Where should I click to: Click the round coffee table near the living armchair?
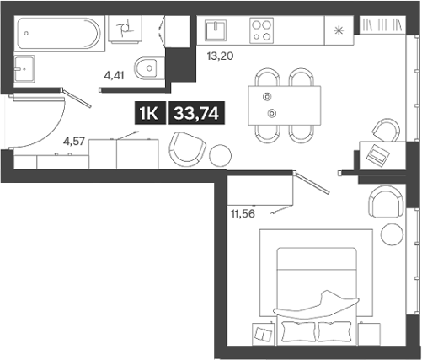tap(219, 155)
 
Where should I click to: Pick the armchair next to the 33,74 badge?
tap(187, 149)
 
